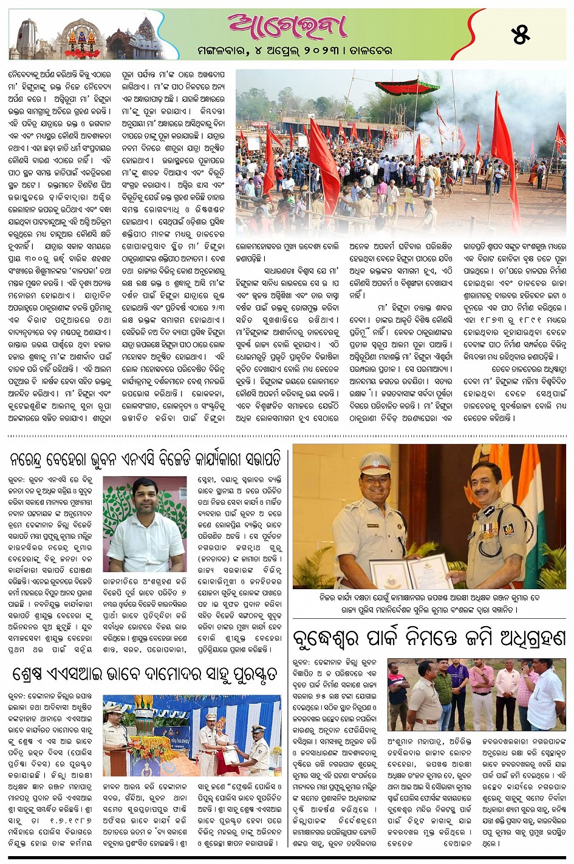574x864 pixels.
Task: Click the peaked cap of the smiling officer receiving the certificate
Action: pos(375,465)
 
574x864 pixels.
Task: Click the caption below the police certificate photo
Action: pos(429,603)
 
